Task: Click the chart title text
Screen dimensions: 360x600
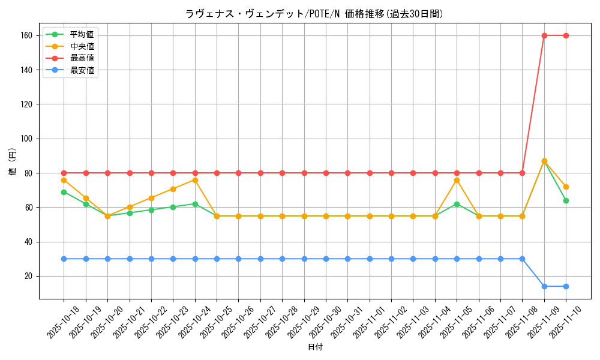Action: click(x=314, y=14)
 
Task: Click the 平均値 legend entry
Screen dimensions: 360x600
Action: click(x=82, y=34)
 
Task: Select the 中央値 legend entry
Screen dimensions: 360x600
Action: click(x=82, y=46)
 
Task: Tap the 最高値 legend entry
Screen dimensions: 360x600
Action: click(x=82, y=58)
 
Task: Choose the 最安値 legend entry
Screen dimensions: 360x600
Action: click(x=82, y=70)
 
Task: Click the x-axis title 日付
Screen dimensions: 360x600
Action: click(x=314, y=347)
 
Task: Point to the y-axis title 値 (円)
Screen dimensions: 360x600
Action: click(x=13, y=161)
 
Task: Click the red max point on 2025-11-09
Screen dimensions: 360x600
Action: click(x=544, y=35)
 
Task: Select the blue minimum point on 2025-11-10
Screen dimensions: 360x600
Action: click(x=566, y=286)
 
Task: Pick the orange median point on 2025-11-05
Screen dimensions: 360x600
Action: click(x=457, y=180)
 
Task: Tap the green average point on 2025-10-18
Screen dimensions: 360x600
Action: click(x=64, y=192)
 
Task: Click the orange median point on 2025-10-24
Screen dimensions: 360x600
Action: click(x=195, y=180)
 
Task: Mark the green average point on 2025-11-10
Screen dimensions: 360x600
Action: click(x=566, y=200)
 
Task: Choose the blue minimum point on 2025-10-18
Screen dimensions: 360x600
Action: click(x=64, y=259)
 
